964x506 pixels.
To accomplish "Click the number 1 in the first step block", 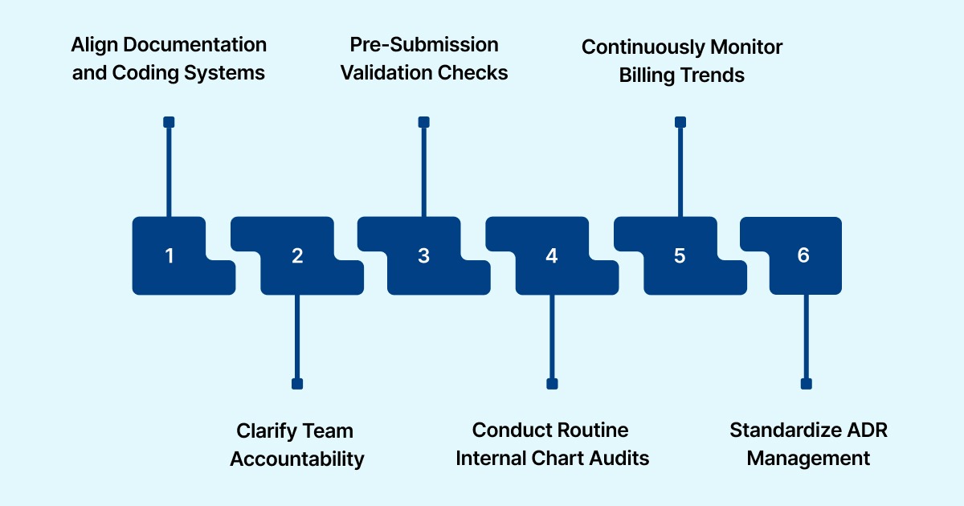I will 170,255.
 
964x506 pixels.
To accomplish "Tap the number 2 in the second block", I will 297,255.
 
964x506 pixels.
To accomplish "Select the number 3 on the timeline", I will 423,255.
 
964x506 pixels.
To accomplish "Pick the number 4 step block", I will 551,255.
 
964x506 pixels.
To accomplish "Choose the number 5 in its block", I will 680,255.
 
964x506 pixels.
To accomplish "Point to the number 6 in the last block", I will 803,255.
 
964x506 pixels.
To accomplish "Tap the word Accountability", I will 297,459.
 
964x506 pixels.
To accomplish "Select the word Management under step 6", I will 808,459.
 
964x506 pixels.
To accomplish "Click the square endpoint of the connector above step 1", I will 169,122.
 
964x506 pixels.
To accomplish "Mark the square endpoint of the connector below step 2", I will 297,384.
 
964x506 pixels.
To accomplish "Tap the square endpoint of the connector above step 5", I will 680,122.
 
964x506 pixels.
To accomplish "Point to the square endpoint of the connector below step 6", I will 806,384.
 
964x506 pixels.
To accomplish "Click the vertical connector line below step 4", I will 552,337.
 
